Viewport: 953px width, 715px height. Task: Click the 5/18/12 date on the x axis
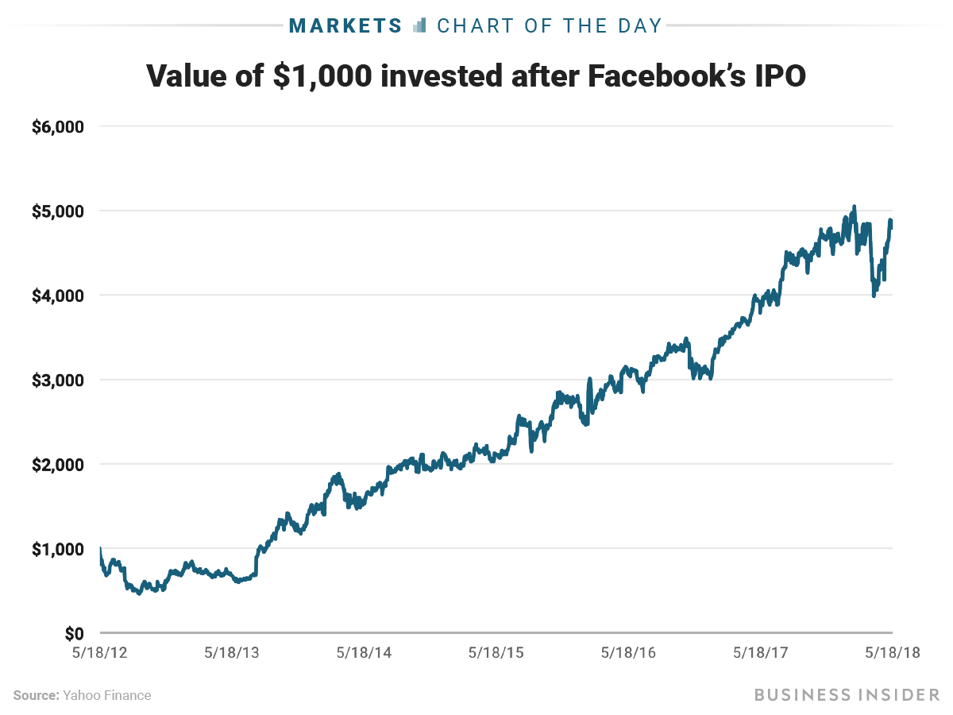(x=99, y=652)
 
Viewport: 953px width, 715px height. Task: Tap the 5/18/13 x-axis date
(x=232, y=652)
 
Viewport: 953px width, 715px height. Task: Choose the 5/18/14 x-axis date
(x=364, y=652)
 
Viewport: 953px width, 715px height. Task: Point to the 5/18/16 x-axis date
(x=628, y=652)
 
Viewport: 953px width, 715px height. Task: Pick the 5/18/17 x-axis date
(x=760, y=652)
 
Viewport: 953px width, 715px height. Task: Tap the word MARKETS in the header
(x=346, y=25)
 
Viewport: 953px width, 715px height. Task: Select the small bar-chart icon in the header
(x=420, y=25)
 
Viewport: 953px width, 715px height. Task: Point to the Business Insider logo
(x=847, y=695)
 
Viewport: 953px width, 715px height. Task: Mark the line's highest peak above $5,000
(x=854, y=207)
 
